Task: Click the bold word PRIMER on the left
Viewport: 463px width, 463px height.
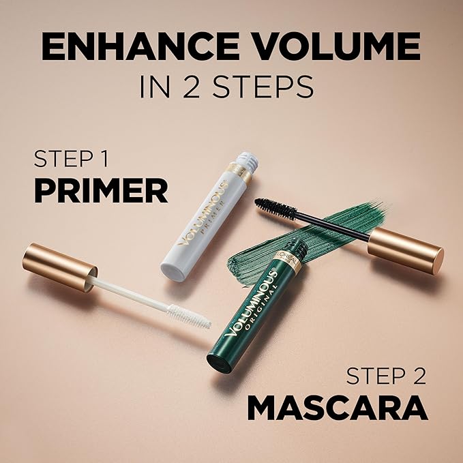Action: pos(100,192)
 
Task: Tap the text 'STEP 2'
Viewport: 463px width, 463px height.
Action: pos(386,376)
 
